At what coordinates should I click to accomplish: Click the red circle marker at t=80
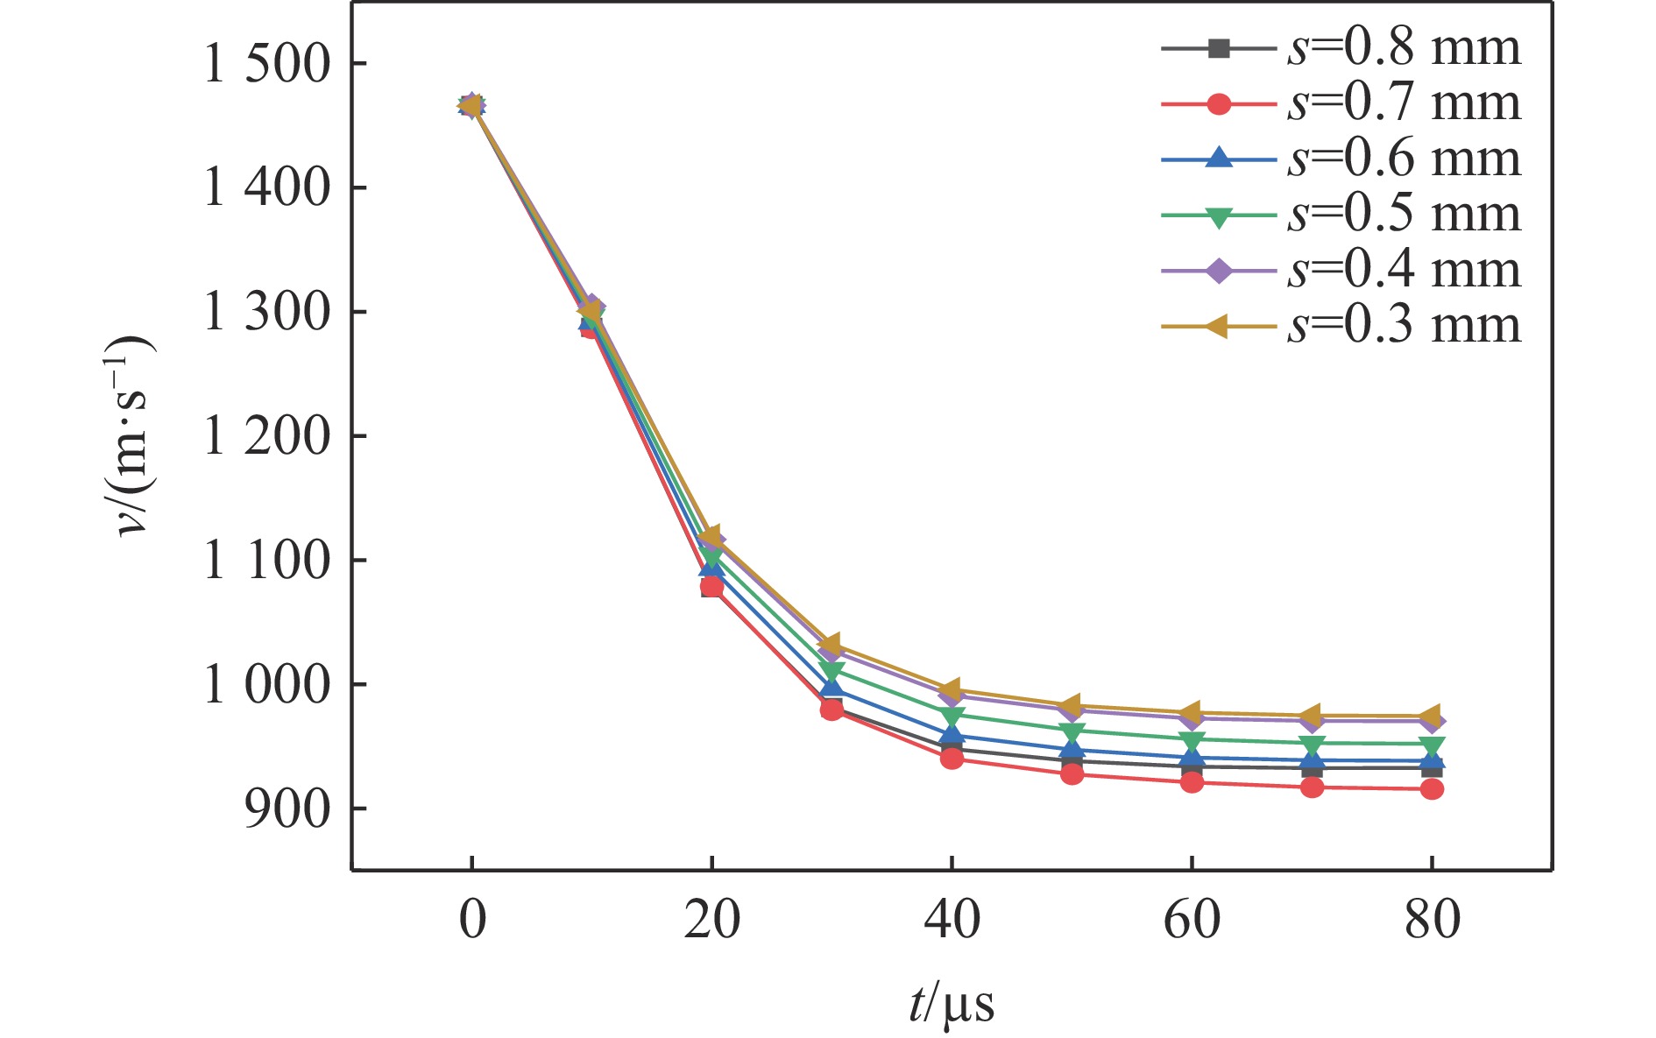(x=1432, y=789)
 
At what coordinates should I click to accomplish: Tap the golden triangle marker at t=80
(x=1431, y=717)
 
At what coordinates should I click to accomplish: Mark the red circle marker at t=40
(x=952, y=759)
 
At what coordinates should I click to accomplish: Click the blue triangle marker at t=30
(x=832, y=688)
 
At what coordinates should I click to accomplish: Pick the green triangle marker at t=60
(x=1192, y=741)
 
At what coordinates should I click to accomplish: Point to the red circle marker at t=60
(x=1192, y=782)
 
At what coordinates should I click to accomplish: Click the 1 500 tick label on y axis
(x=266, y=64)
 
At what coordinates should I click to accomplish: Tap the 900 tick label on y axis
(x=287, y=809)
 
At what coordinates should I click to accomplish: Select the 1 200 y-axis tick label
(x=266, y=436)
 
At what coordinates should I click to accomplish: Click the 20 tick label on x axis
(x=711, y=921)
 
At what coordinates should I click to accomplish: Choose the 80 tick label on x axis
(x=1432, y=921)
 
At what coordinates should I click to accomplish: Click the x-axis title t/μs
(x=952, y=1004)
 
